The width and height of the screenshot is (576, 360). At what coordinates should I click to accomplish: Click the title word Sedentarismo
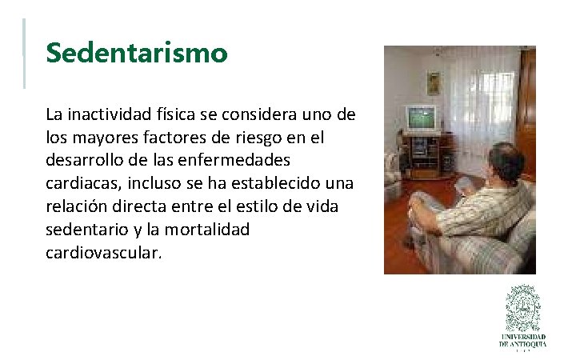[x=137, y=54]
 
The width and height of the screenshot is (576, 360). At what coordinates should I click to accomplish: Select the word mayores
[x=106, y=138]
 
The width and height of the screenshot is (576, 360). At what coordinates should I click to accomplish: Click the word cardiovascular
[x=103, y=253]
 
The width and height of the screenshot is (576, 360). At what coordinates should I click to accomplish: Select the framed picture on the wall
[x=434, y=82]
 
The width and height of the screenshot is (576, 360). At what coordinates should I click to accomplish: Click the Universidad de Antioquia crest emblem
[x=522, y=308]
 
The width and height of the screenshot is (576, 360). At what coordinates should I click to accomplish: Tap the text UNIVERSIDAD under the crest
[x=522, y=337]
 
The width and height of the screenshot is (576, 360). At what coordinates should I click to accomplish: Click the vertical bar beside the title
[x=24, y=53]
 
